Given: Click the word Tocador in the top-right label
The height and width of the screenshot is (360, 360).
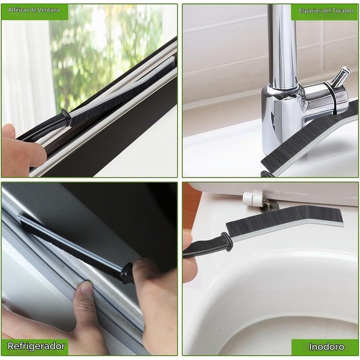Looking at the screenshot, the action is point(344,10).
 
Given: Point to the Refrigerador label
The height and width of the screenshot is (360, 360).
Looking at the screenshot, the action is point(36,346).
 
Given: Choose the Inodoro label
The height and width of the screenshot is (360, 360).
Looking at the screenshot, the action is point(327,346).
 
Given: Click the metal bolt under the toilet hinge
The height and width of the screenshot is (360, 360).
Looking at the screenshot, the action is point(267,204).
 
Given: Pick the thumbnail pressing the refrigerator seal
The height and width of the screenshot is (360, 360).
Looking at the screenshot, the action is point(87,287).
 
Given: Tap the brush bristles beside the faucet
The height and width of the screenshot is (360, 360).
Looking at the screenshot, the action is point(308,138).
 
